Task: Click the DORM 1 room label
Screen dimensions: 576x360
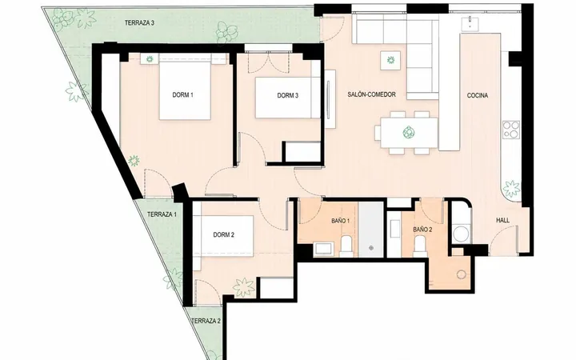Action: pyautogui.click(x=183, y=95)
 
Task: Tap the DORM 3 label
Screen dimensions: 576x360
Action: pyautogui.click(x=288, y=95)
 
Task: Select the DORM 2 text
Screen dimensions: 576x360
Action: pyautogui.click(x=224, y=235)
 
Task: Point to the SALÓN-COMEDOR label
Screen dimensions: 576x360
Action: pyautogui.click(x=372, y=94)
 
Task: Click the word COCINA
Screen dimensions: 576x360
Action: pyautogui.click(x=478, y=95)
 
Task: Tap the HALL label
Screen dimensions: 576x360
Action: pyautogui.click(x=503, y=221)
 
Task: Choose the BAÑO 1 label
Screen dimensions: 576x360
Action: pyautogui.click(x=340, y=221)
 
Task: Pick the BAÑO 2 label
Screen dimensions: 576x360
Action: pyautogui.click(x=422, y=230)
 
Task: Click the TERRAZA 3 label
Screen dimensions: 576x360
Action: pyautogui.click(x=139, y=22)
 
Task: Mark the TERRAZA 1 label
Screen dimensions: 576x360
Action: pyautogui.click(x=162, y=214)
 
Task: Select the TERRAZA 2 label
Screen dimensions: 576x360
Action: pyautogui.click(x=206, y=321)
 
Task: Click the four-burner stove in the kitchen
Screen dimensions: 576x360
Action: pyautogui.click(x=511, y=130)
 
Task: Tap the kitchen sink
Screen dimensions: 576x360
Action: pyautogui.click(x=470, y=23)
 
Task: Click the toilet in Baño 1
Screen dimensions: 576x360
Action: pyautogui.click(x=346, y=246)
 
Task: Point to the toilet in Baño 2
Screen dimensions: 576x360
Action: pyautogui.click(x=419, y=246)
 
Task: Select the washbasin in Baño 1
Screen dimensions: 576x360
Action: pyautogui.click(x=323, y=249)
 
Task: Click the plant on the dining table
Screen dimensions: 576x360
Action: pyautogui.click(x=408, y=132)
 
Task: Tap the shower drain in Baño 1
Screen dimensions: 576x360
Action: pyautogui.click(x=371, y=248)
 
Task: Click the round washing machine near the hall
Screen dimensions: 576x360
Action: pyautogui.click(x=461, y=234)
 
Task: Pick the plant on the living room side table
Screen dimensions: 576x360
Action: pyautogui.click(x=390, y=59)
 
